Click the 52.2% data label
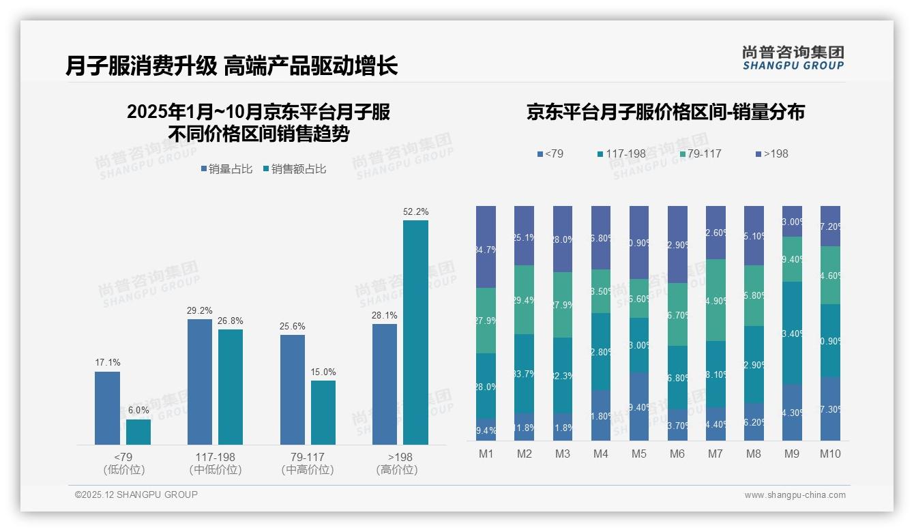coord(415,212)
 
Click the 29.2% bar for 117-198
coord(200,382)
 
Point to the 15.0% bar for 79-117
coord(323,413)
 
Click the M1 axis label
coord(486,454)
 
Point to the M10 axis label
coord(830,454)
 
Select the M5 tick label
coord(639,454)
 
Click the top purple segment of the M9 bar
coord(792,221)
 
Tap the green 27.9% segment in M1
coord(486,321)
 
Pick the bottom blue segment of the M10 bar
coord(830,409)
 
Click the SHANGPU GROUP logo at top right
coord(793,58)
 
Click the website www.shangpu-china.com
coord(795,495)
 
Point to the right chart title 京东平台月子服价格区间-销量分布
coord(665,112)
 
